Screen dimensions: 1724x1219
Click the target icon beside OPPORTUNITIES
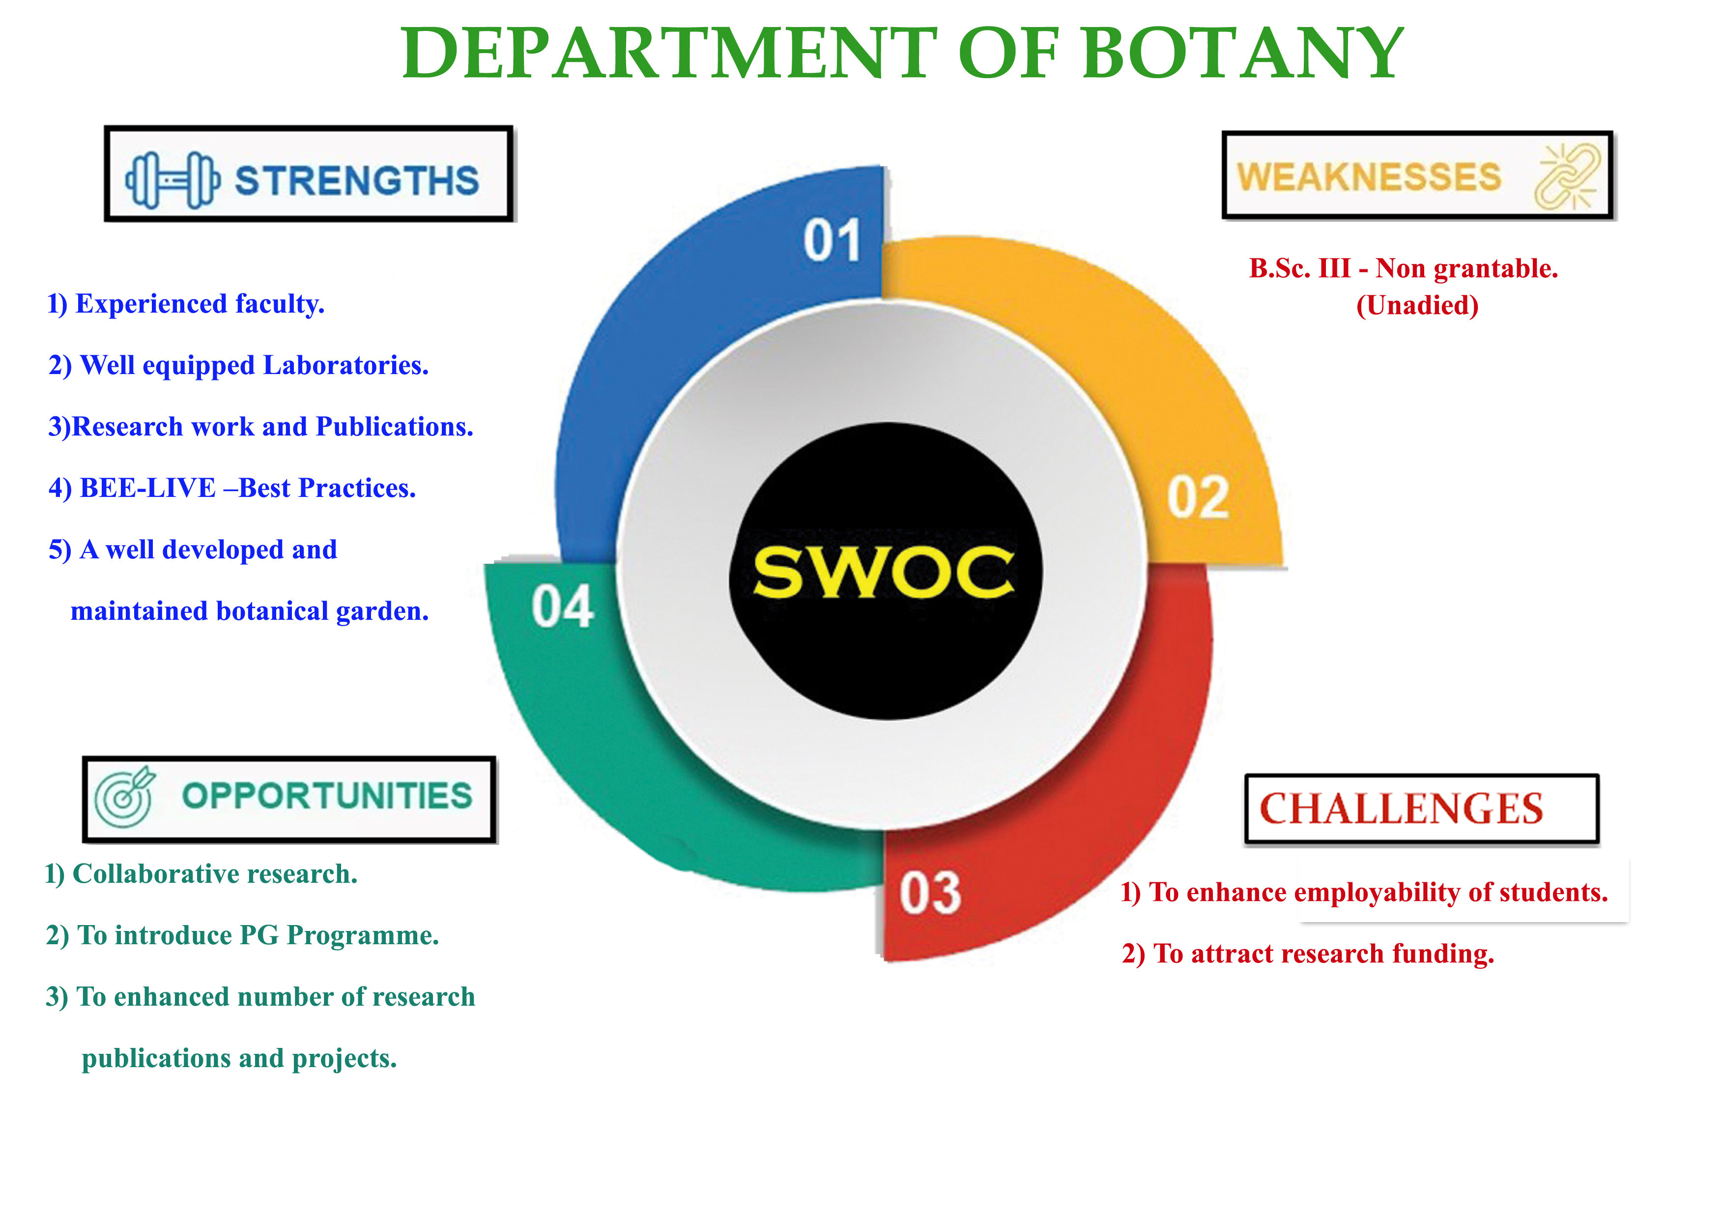[125, 798]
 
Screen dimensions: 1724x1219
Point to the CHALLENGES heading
[1401, 809]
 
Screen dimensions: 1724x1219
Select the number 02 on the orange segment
[1198, 497]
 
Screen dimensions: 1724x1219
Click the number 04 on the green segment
[562, 607]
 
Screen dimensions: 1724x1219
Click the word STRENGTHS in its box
[357, 180]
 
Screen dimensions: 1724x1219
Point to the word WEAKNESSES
[1369, 177]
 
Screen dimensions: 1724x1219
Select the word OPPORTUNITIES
[327, 796]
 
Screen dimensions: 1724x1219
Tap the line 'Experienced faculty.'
[200, 304]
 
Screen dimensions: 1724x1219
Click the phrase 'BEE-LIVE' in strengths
[148, 488]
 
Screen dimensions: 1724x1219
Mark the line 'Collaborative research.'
[215, 874]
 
